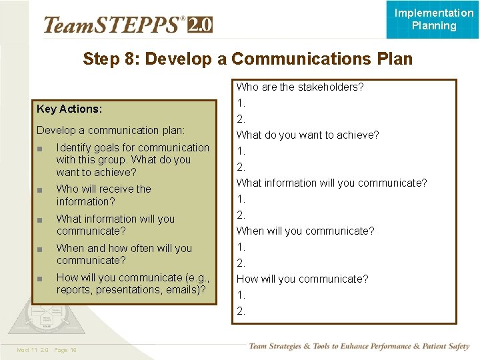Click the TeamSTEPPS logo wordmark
[113, 25]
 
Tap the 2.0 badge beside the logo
[200, 25]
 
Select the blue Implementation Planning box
[433, 19]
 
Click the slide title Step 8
[247, 59]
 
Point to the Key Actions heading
[69, 109]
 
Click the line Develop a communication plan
[111, 130]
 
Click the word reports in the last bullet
[75, 289]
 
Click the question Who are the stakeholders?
[300, 87]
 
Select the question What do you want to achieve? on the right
[308, 135]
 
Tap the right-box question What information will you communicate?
[332, 183]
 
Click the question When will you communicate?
[305, 231]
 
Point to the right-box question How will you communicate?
[303, 279]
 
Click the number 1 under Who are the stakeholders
[241, 103]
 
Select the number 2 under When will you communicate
[241, 263]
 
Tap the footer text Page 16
[65, 350]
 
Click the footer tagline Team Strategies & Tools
[359, 346]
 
